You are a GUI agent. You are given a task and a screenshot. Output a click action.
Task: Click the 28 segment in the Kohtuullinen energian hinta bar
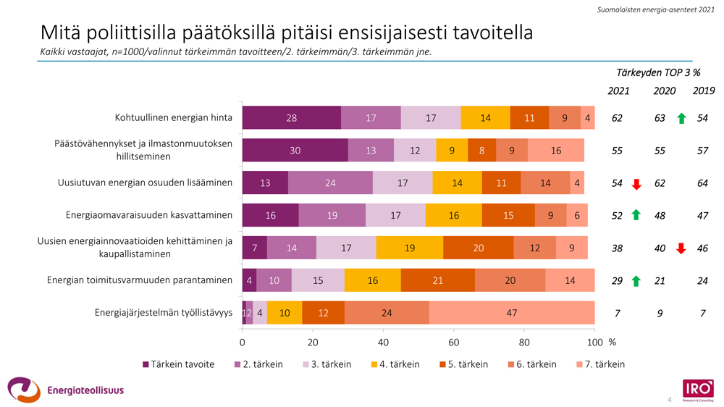(291, 118)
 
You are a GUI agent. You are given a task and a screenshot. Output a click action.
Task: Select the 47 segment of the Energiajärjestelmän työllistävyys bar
(512, 313)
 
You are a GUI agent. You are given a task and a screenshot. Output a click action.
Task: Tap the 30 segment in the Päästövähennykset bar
(295, 151)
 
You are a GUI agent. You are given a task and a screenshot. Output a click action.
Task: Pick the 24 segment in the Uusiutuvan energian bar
(330, 183)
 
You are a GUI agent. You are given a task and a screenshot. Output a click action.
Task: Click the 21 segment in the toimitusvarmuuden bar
(437, 280)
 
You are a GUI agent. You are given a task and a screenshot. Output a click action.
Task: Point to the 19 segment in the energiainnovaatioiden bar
(410, 248)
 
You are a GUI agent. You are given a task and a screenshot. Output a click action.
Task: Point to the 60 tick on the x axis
(454, 342)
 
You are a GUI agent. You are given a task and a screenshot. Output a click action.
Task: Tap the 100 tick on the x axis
(594, 342)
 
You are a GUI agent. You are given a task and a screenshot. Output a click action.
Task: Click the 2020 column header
(664, 91)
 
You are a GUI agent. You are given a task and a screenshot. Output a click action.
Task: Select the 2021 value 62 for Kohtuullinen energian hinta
(617, 118)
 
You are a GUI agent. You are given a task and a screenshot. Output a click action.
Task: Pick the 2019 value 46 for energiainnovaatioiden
(702, 248)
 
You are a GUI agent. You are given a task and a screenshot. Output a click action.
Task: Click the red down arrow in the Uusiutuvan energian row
(637, 184)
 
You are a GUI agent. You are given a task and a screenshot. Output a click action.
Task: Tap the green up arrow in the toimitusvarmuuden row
(637, 281)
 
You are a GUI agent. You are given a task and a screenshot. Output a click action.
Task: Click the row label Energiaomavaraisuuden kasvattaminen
(149, 215)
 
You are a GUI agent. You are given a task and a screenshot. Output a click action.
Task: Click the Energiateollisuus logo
(65, 390)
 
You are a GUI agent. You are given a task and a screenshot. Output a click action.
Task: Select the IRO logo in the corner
(697, 388)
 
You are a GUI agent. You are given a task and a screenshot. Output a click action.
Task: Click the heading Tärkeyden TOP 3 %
(658, 72)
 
